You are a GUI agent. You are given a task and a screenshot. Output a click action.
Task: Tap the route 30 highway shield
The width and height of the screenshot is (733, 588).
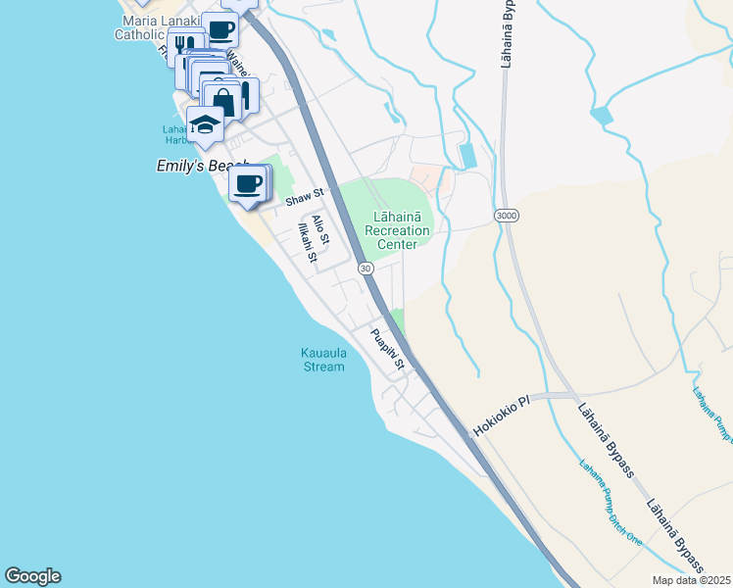coord(365,268)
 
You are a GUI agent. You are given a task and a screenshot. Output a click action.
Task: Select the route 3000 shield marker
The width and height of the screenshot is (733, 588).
coord(506,215)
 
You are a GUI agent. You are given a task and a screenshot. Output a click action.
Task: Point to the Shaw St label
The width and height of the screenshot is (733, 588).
coord(304,199)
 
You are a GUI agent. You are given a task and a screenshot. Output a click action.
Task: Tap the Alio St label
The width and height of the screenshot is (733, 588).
coord(319,230)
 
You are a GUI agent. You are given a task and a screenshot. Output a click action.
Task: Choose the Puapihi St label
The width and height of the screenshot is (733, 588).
coord(388,349)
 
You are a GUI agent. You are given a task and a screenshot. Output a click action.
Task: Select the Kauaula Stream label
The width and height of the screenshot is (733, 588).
coord(322,360)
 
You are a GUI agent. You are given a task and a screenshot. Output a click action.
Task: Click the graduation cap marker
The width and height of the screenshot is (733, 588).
coord(206,124)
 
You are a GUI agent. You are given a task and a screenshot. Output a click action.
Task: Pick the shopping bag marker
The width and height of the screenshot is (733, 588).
coord(223,102)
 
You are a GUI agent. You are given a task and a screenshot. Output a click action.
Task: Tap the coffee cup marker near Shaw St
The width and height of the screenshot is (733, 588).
coord(248,183)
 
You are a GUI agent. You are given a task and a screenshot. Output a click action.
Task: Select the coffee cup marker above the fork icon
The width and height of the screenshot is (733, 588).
coord(220,29)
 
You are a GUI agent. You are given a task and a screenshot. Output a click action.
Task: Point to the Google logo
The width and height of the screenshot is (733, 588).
coord(32,576)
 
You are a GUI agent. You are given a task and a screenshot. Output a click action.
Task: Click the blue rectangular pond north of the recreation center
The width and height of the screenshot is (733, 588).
coord(468,155)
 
